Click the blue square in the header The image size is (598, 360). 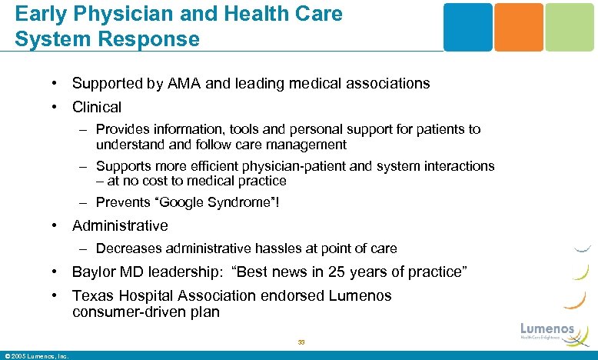467,27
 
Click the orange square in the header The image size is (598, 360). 518,27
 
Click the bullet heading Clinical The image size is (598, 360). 97,107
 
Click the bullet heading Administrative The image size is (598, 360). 120,225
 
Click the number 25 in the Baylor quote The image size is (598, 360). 335,272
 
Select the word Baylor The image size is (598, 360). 94,272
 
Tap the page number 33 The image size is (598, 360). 301,342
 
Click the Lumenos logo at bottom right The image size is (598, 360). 547,330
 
